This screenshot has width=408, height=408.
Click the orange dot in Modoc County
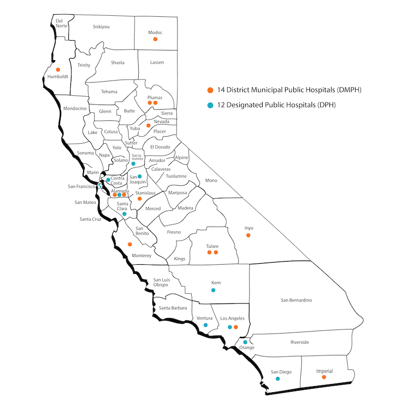156,39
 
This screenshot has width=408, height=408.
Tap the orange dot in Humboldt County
58,69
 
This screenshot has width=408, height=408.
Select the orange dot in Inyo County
248,235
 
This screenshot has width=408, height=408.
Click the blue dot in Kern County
213,290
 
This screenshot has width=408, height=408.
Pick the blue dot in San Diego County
277,379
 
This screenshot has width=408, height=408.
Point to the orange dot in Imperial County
324,377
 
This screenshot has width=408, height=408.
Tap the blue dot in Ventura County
206,325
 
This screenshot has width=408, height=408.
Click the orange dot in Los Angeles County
236,327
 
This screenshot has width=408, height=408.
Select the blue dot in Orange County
245,342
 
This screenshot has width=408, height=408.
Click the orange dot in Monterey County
130,244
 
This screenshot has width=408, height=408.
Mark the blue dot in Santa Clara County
124,214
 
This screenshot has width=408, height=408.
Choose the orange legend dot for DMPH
210,90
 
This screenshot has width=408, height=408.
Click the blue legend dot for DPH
210,105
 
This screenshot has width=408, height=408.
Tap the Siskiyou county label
101,26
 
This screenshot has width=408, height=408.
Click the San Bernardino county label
296,300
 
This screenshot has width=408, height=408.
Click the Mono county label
211,180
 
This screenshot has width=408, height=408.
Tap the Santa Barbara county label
173,308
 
